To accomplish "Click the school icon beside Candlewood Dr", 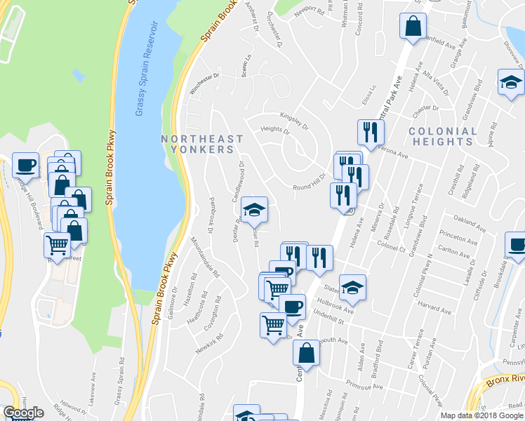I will coord(253,209).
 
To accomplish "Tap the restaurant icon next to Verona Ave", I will coord(369,132).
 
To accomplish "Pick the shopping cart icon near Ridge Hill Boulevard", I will coord(57,246).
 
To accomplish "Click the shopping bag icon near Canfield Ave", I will coord(413,27).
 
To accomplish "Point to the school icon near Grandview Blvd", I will coord(510,83).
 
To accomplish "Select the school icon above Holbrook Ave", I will coord(352,287).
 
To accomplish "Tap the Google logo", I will coord(23,413).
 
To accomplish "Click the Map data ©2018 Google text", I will coord(481,415).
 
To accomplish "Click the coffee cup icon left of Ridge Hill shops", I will coord(25,166).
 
